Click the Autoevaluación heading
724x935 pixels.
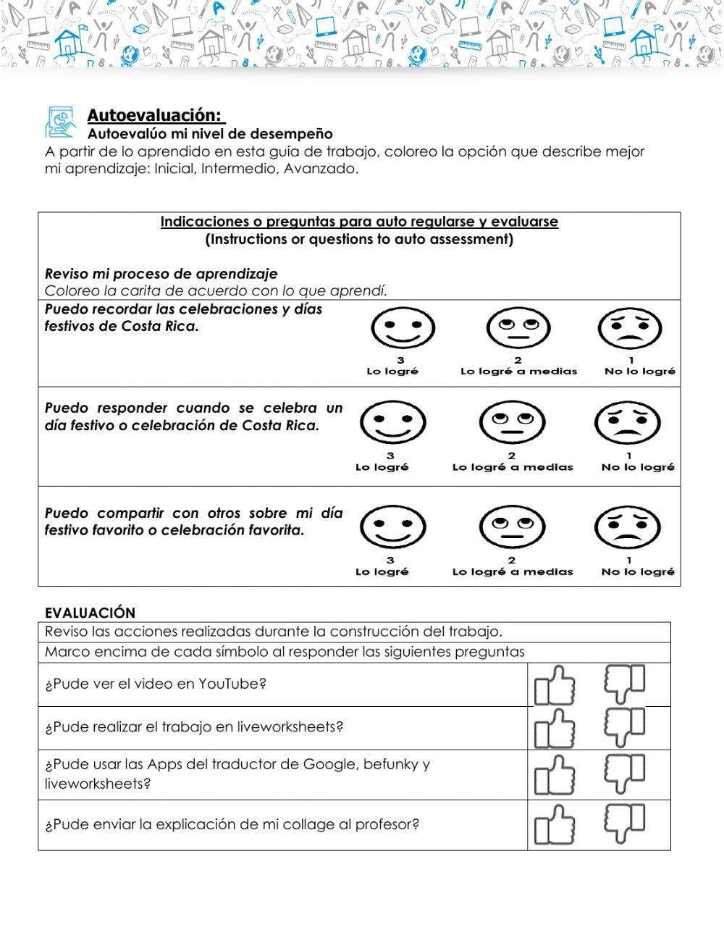pos(155,115)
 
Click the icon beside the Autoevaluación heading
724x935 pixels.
pos(62,122)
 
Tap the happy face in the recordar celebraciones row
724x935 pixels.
pos(403,328)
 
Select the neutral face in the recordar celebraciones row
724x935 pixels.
pos(518,329)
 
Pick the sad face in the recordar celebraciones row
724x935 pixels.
pos(630,329)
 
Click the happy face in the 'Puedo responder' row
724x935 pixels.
pos(392,422)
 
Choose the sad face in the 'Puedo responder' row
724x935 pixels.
pos(627,422)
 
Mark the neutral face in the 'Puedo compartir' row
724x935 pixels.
pos(511,527)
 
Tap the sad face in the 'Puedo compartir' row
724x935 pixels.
pos(627,527)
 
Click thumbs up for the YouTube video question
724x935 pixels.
pos(555,686)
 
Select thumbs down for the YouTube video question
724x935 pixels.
pos(624,683)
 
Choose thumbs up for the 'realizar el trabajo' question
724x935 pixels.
pos(555,729)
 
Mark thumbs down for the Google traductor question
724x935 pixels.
pos(624,774)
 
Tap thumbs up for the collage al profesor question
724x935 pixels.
pos(555,825)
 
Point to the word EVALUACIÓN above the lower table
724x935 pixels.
pos(90,613)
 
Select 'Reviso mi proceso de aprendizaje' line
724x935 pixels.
pos(161,274)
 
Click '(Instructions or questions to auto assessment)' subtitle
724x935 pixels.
pos(359,239)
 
